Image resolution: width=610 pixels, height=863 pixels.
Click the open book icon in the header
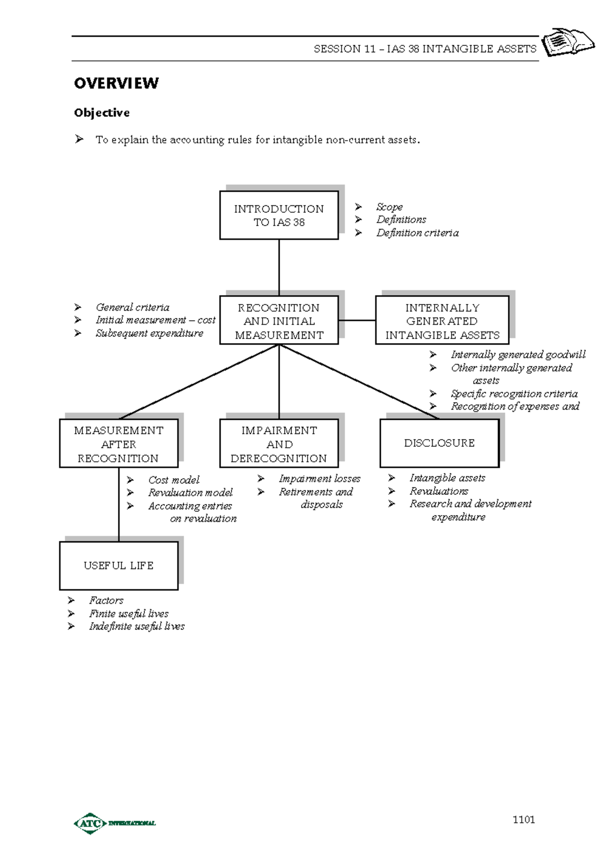pos(568,42)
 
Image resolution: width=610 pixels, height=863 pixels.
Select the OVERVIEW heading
pos(116,83)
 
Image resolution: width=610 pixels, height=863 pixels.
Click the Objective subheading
pos(102,113)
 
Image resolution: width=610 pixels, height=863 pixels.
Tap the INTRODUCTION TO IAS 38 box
pos(279,215)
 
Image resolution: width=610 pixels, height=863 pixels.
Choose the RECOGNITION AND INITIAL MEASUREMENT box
pos(279,320)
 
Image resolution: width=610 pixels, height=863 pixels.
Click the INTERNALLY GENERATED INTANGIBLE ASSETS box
pos(442,320)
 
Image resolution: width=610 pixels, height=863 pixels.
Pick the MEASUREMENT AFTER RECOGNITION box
pos(118,443)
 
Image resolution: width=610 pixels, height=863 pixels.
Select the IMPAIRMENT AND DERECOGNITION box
pos(279,443)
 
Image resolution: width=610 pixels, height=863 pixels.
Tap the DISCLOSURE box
pos(439,443)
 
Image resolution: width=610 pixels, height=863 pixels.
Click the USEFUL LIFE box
pos(118,566)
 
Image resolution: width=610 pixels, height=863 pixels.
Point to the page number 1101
pos(524,819)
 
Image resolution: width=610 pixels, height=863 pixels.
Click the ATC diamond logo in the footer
pos(90,823)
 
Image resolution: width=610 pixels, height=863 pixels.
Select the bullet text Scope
pos(389,207)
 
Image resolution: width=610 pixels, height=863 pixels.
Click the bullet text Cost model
pos(174,480)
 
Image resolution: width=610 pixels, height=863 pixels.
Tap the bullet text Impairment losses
pos(319,479)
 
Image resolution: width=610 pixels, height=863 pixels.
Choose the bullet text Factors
pos(106,600)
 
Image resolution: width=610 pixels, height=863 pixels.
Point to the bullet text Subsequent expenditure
pos(149,333)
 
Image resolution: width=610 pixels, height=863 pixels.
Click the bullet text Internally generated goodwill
pos(518,354)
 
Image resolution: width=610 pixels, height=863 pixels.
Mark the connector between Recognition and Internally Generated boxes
pos(357,320)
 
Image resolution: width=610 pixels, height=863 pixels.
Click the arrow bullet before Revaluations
pos(391,491)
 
